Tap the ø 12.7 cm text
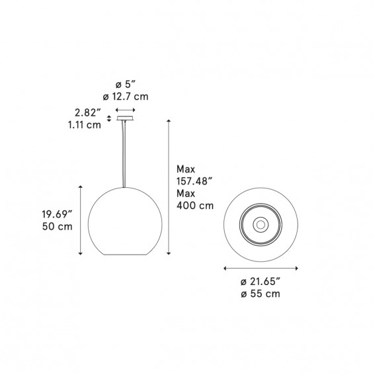126,98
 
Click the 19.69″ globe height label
56,214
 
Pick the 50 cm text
56,227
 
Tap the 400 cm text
195,206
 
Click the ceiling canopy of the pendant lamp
125,119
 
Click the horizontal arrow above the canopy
125,110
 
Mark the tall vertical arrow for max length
169,186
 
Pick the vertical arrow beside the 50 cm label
81,220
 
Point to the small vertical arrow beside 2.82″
108,119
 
